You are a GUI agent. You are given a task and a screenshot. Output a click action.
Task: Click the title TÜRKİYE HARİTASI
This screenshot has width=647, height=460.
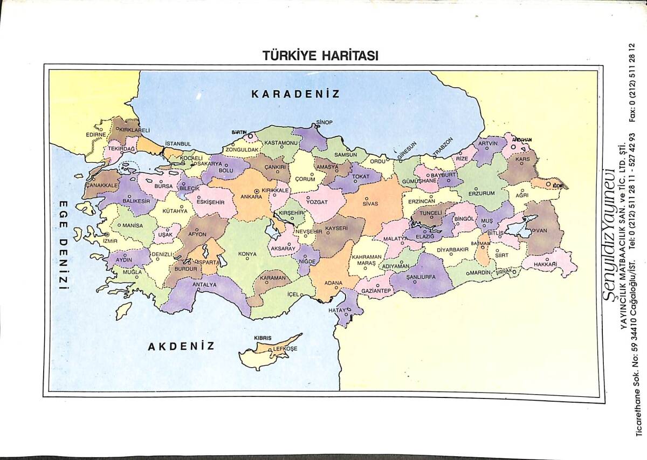pyautogui.click(x=320, y=56)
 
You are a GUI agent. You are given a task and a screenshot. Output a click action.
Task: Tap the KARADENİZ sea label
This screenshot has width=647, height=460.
pyautogui.click(x=295, y=94)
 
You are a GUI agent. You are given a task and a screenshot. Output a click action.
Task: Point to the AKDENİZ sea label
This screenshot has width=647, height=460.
pyautogui.click(x=181, y=346)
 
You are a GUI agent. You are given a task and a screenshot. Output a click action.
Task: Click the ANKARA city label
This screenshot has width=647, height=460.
pyautogui.click(x=251, y=197)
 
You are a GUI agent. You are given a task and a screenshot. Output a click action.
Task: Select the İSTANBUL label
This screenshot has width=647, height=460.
pyautogui.click(x=178, y=144)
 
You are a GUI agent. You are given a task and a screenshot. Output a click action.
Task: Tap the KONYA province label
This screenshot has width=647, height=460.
pyautogui.click(x=247, y=253)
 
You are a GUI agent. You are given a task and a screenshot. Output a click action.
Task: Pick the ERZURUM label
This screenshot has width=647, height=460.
pyautogui.click(x=481, y=193)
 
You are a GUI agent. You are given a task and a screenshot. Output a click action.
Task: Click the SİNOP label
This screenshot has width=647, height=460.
pyautogui.click(x=325, y=122)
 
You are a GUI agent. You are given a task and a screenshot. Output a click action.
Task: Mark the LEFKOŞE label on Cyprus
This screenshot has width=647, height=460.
pyautogui.click(x=285, y=349)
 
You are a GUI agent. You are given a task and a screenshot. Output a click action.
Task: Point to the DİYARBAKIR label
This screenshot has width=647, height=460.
pyautogui.click(x=452, y=250)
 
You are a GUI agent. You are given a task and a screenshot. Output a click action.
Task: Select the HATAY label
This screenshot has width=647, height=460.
pyautogui.click(x=338, y=311)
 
